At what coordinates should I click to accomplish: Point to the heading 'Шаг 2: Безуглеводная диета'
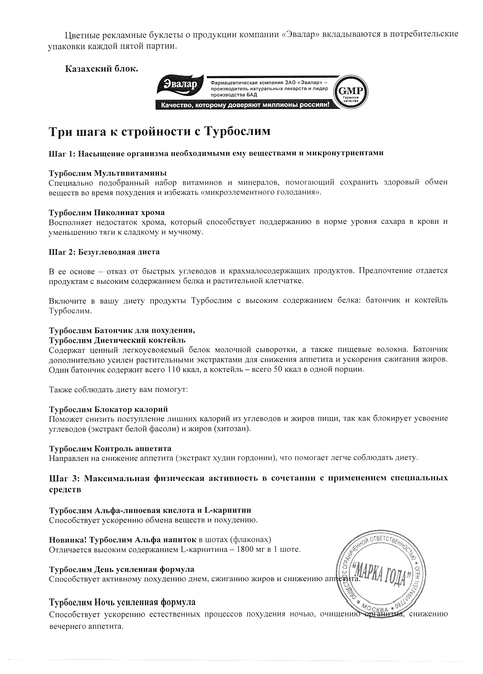[104, 252]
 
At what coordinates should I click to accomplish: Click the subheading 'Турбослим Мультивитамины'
[108, 173]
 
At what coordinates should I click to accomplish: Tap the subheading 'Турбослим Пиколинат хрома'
[107, 212]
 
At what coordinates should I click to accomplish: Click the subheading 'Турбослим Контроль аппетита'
[110, 448]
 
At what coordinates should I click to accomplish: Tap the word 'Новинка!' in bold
[67, 540]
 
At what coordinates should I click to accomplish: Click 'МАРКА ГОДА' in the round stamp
[381, 577]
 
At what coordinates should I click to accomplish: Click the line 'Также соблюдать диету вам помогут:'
[118, 389]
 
